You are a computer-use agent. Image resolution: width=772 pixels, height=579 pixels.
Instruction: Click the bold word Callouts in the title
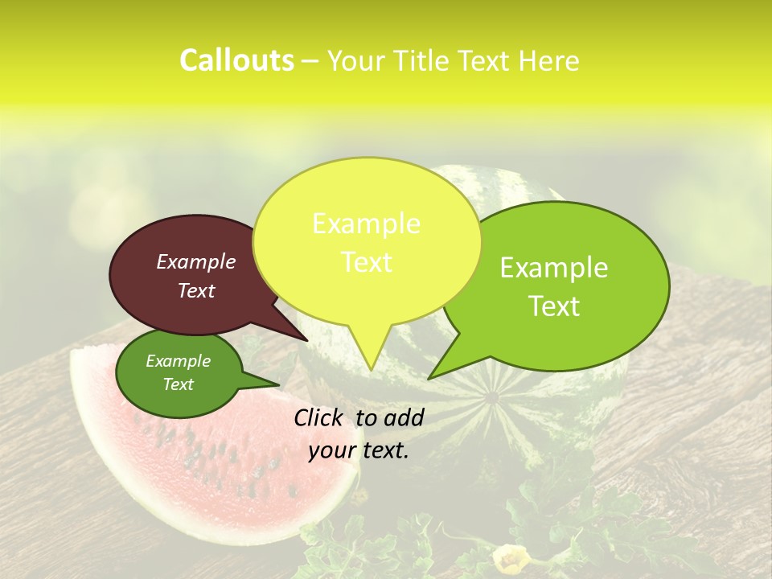(x=236, y=60)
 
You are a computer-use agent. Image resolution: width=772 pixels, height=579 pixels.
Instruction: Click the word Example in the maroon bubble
(x=196, y=262)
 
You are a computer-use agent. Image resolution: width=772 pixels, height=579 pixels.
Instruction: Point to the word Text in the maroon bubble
(x=196, y=291)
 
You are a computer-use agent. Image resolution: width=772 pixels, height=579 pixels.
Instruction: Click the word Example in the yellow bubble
(x=366, y=224)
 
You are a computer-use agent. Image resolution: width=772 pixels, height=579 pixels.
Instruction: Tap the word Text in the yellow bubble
(x=367, y=262)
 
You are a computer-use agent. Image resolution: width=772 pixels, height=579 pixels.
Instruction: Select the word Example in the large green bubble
(x=554, y=268)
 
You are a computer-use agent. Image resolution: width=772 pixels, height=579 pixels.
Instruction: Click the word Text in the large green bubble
(x=555, y=306)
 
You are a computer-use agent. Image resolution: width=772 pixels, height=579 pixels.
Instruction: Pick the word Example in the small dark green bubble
(x=178, y=361)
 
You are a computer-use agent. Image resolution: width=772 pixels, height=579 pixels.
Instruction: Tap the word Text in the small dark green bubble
(x=178, y=384)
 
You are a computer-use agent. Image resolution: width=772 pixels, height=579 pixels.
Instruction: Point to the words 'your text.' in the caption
(x=359, y=450)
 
